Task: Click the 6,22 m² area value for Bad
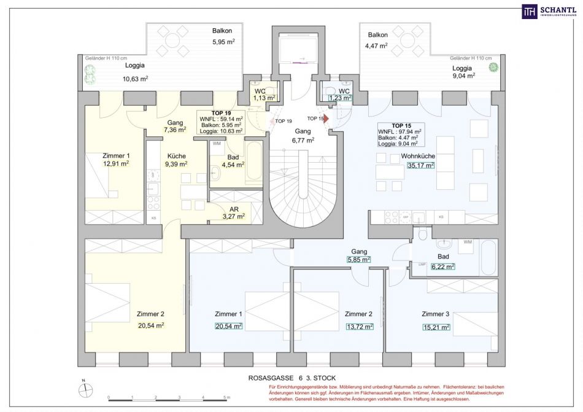click(x=442, y=266)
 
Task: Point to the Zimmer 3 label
click(x=436, y=314)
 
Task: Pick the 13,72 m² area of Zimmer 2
click(x=359, y=327)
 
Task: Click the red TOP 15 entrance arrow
click(x=326, y=118)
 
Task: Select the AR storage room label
click(x=234, y=208)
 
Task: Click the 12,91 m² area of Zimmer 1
click(x=116, y=164)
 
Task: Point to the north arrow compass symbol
click(x=83, y=387)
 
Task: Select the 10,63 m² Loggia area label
click(x=135, y=78)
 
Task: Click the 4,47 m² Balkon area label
click(x=377, y=45)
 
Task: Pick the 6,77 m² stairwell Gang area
click(x=303, y=140)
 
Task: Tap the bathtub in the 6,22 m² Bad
click(x=488, y=258)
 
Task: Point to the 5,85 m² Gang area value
click(x=359, y=260)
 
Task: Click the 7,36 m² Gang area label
click(x=175, y=130)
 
